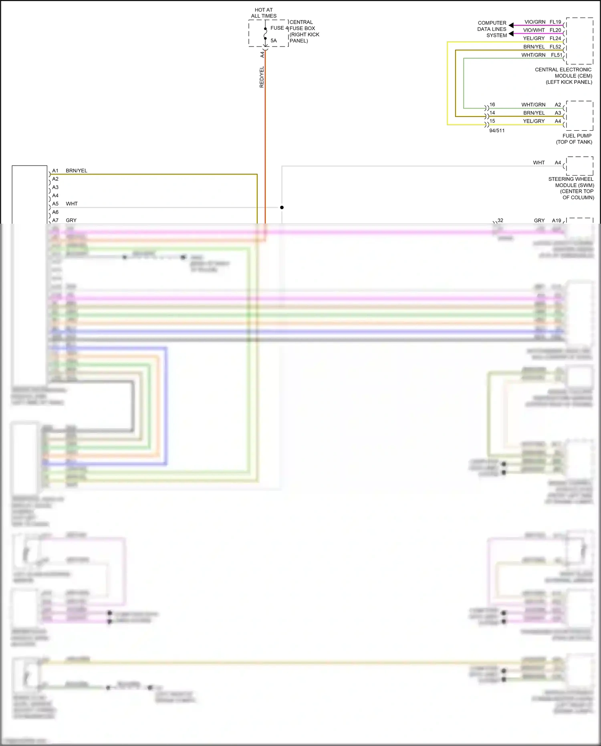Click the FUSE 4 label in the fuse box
tap(279, 28)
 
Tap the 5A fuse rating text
tap(274, 40)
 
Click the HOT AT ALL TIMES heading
tap(264, 13)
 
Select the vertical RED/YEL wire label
tap(262, 77)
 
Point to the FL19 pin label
tap(555, 22)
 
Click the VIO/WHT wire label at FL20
tap(534, 30)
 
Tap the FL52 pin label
tap(555, 47)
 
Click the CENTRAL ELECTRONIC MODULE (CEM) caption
tap(563, 76)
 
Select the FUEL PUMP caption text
tap(574, 139)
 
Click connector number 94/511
tap(497, 131)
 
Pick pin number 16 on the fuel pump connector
tap(492, 105)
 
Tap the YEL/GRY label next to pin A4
tap(534, 121)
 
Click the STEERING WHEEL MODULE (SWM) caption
tap(571, 188)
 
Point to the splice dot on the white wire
tap(282, 207)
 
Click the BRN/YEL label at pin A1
tap(76, 171)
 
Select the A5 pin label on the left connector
tap(55, 204)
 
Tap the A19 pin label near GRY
tap(556, 220)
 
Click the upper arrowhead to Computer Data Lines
tap(511, 25)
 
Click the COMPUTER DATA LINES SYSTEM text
tap(492, 29)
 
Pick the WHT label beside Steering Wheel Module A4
tap(538, 163)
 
